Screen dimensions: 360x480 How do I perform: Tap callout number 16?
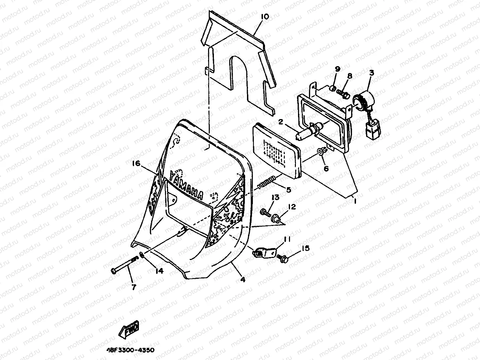pyautogui.click(x=136, y=163)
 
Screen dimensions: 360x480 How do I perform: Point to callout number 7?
pyautogui.click(x=134, y=287)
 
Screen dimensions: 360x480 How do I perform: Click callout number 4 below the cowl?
pyautogui.click(x=243, y=279)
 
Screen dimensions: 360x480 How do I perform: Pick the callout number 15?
pyautogui.click(x=305, y=249)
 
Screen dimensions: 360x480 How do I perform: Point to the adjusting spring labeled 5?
pyautogui.click(x=267, y=183)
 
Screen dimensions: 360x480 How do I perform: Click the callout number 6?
pyautogui.click(x=326, y=169)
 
